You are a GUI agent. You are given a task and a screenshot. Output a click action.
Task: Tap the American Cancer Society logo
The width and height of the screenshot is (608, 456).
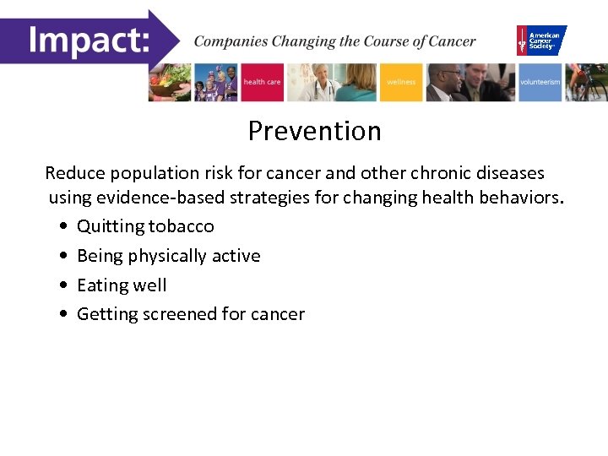pos(541,41)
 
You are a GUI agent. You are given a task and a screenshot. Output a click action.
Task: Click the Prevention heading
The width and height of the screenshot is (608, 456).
pos(314,131)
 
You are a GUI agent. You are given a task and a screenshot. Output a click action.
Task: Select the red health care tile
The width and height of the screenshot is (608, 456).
pos(263,82)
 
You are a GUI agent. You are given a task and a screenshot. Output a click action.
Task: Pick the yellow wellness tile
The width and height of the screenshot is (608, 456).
pos(401,82)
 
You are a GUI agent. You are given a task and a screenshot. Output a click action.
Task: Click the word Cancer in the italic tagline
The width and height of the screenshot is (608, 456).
pos(451,41)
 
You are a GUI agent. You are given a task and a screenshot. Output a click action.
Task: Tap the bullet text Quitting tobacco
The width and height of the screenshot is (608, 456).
pos(145,226)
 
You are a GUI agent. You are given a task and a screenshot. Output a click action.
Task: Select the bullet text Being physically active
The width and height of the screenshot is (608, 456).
pos(168,256)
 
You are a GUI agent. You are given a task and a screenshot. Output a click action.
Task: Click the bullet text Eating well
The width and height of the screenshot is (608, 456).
pos(122,285)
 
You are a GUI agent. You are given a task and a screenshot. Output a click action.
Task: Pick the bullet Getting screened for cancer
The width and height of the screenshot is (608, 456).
pos(190,314)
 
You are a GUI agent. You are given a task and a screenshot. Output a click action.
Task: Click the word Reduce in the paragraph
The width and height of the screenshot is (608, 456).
pos(73,173)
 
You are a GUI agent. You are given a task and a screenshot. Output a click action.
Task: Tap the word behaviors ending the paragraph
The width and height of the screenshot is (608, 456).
pos(518,198)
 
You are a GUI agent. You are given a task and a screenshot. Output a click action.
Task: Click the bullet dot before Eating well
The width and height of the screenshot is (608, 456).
pos(65,286)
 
